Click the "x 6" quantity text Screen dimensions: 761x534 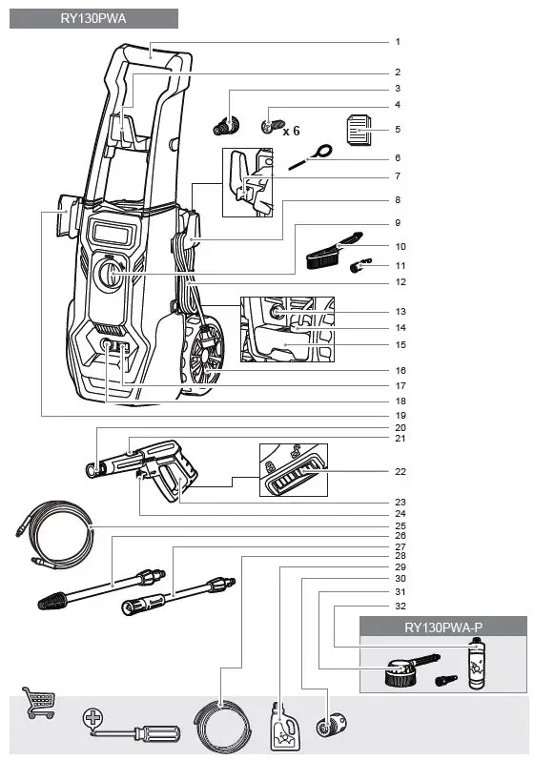click(291, 130)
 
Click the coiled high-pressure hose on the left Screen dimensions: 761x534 click(53, 534)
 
